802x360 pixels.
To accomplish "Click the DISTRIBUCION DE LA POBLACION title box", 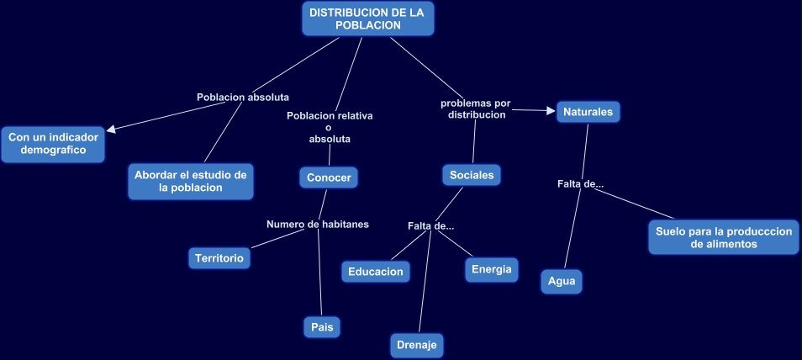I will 367,19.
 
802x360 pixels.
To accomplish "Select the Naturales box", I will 588,111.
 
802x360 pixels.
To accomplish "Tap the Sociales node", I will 472,175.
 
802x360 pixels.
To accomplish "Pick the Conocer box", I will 329,177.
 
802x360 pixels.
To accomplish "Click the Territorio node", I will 219,258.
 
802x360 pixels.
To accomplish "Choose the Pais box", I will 322,326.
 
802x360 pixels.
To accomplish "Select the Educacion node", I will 376,271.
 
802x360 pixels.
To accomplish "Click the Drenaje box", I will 416,345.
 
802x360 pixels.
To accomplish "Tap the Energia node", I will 491,269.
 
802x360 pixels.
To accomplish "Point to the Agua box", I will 562,281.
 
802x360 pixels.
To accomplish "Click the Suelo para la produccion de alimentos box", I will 723,237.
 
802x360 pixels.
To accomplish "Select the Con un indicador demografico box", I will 54,143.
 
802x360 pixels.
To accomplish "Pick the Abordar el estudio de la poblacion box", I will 191,181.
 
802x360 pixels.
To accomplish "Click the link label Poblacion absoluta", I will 242,97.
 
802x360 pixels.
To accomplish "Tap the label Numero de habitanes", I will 318,224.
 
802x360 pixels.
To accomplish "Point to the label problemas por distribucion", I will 476,109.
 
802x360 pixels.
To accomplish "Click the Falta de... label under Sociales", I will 430,225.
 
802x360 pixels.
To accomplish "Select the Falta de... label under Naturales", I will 580,184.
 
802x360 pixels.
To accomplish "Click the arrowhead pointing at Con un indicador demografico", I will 112,129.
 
